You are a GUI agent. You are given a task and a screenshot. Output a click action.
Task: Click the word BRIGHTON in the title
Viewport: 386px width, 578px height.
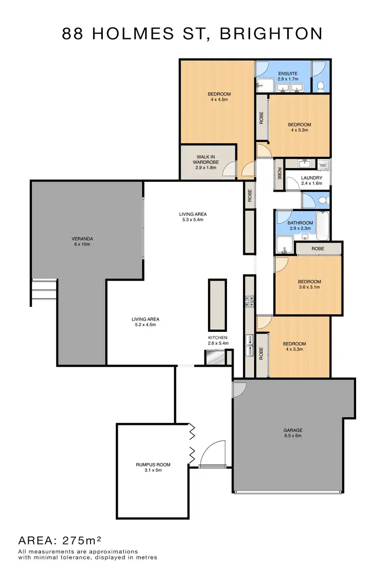click(x=271, y=34)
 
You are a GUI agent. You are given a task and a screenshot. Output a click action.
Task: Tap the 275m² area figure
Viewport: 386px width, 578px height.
click(x=81, y=540)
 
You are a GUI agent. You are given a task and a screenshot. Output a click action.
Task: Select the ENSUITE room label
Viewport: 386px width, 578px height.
click(x=288, y=73)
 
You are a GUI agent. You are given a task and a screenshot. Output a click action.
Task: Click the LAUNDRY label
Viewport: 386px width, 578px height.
click(x=311, y=178)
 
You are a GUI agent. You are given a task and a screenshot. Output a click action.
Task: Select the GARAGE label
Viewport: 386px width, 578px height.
click(x=292, y=430)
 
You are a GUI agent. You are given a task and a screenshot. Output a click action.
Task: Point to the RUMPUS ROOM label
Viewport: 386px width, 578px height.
click(x=153, y=464)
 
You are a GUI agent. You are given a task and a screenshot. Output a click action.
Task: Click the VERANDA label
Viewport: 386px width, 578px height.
click(x=82, y=238)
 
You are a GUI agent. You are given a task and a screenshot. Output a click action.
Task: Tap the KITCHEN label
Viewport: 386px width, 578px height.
click(x=218, y=338)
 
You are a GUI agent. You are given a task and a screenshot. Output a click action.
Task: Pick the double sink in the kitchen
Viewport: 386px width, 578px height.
click(x=249, y=344)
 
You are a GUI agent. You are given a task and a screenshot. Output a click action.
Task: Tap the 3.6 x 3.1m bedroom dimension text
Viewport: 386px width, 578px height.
click(x=309, y=288)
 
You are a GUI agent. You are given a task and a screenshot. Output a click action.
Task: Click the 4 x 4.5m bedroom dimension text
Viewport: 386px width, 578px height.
click(x=219, y=100)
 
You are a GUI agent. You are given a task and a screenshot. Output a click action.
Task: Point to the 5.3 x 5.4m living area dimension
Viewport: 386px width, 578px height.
click(x=192, y=220)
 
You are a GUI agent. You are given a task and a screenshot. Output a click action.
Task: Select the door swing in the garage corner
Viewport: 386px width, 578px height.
click(x=238, y=389)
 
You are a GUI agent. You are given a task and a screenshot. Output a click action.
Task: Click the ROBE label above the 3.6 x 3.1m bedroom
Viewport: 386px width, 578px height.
click(x=317, y=249)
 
